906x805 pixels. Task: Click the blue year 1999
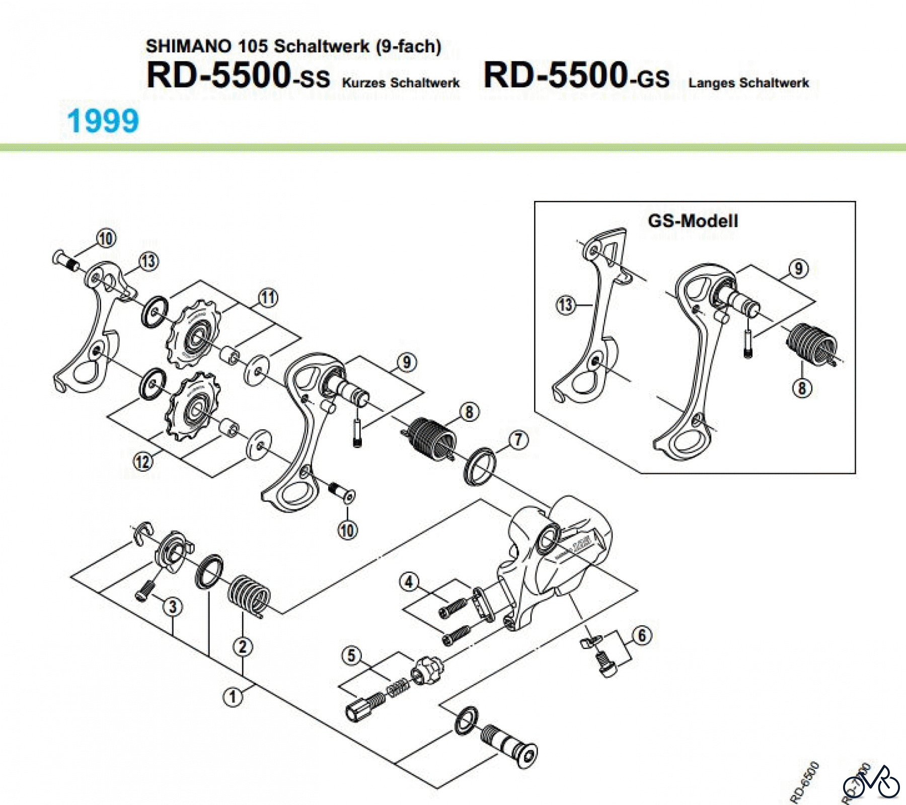pos(103,121)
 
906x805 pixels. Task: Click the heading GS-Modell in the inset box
pos(693,221)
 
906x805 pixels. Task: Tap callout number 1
pos(233,697)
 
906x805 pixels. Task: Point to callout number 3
pos(173,606)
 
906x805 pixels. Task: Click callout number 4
pos(409,582)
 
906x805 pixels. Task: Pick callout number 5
pos(352,655)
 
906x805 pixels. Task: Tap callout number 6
pos(642,635)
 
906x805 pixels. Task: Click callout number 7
pos(518,440)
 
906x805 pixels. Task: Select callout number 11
pos(268,298)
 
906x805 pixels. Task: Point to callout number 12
pos(142,461)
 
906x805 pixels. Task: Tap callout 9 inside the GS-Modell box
pos(799,268)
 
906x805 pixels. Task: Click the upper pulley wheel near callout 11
pos(193,334)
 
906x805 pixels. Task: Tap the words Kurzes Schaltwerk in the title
pos(401,83)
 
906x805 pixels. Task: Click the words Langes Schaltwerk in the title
pos(748,83)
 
